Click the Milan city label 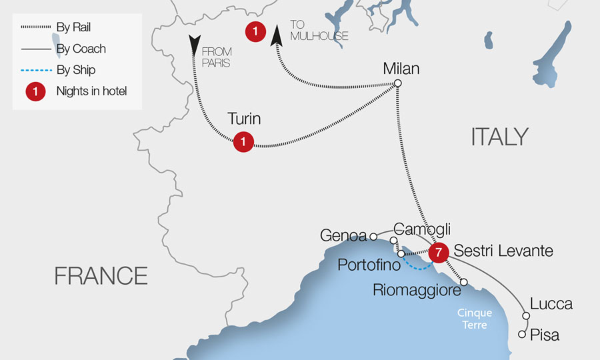click(x=401, y=68)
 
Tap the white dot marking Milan click(x=397, y=83)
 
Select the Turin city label click(x=243, y=119)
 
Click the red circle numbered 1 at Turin click(x=243, y=141)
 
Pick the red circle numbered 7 click(x=437, y=252)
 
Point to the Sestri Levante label click(x=503, y=251)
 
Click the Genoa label click(x=343, y=235)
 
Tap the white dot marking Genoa click(x=374, y=236)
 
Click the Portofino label click(x=369, y=265)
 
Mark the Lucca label click(x=551, y=304)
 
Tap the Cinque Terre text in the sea click(x=475, y=319)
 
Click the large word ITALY click(x=499, y=137)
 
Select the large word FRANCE click(x=101, y=275)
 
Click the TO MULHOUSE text click(x=319, y=30)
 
